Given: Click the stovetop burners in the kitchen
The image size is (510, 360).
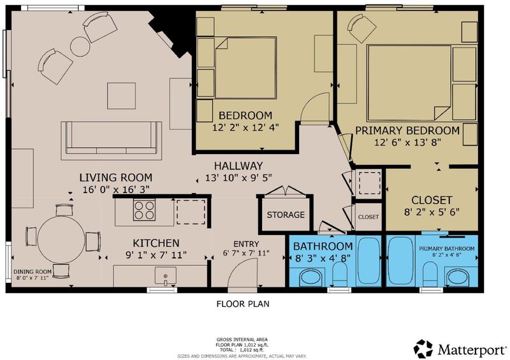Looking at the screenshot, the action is (144, 210).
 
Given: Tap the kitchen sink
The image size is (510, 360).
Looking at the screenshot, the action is (166, 275).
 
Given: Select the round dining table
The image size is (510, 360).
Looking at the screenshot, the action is (61, 240).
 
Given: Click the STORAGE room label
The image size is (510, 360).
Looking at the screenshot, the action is (286, 215).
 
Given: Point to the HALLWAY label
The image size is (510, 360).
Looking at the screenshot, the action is (238, 166).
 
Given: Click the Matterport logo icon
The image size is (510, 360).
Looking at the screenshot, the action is (423, 349).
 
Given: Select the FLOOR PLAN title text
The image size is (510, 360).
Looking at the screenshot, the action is (243, 304).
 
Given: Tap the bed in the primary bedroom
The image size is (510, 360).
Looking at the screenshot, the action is (409, 83).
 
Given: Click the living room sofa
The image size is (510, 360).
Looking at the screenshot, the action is (111, 140).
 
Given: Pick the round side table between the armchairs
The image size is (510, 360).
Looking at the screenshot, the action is (80, 47).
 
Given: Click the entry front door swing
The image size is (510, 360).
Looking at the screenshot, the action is (242, 273).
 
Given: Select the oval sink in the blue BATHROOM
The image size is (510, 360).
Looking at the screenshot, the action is (310, 277).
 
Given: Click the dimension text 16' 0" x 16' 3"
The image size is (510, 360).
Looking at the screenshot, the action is (116, 189).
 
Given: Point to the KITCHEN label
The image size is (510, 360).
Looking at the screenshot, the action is (156, 243).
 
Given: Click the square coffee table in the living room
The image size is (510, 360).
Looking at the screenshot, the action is (121, 96).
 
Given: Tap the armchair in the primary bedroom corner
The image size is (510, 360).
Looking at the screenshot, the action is (361, 28).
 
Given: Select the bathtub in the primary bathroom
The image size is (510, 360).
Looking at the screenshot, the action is (400, 260).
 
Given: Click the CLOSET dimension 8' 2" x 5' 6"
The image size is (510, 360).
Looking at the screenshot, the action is (432, 212).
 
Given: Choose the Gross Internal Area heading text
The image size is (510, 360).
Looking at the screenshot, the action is (242, 340).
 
